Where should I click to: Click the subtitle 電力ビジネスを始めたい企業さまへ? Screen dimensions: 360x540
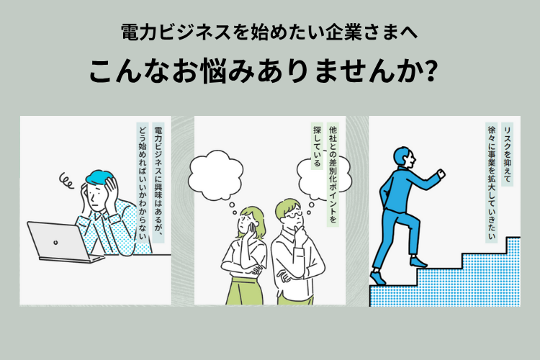[x=269, y=33]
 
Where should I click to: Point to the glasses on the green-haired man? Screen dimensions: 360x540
[x=291, y=215]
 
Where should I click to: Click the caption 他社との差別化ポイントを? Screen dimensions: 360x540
[x=331, y=174]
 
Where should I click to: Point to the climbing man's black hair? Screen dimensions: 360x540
[x=402, y=155]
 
